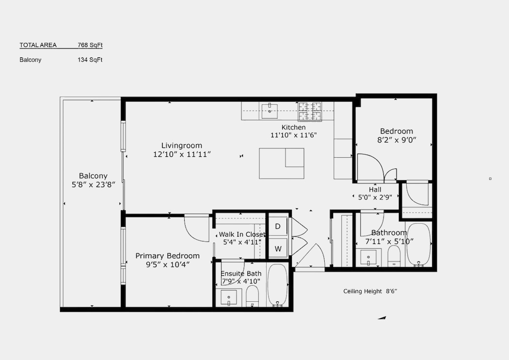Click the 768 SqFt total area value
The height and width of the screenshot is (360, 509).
click(90, 45)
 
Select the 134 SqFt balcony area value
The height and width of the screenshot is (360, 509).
click(90, 60)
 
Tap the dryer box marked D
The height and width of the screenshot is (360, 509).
click(278, 226)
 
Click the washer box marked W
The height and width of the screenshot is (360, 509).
click(278, 248)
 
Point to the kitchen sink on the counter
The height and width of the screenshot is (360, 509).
click(270, 111)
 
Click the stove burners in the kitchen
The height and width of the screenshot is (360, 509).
click(310, 112)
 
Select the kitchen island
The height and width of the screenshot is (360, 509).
click(282, 164)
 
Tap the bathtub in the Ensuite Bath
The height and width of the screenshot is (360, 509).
click(277, 285)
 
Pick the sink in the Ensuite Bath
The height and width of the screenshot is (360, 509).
click(229, 298)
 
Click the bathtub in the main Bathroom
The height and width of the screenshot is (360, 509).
click(419, 245)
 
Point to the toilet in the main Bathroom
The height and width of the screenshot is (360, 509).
click(395, 256)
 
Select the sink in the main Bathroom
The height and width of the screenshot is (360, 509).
click(368, 258)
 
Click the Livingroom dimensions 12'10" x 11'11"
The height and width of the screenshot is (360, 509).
click(182, 154)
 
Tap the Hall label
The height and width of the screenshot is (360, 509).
click(375, 189)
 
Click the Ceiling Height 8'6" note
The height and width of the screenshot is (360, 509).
click(370, 291)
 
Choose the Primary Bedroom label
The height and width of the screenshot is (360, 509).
click(168, 256)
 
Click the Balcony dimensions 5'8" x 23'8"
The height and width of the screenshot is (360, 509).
click(94, 185)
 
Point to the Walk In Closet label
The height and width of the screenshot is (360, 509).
click(242, 234)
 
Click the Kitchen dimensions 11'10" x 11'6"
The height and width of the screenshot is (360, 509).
click(293, 135)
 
